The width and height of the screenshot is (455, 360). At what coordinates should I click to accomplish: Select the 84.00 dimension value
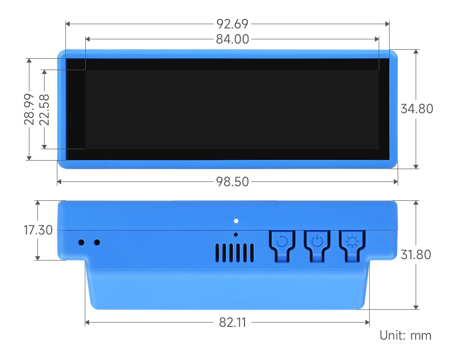click(232, 39)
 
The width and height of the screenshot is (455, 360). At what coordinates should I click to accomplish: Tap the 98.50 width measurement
click(232, 181)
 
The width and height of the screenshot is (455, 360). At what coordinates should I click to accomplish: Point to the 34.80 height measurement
click(417, 108)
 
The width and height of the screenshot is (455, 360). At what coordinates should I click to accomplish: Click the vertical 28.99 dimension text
click(29, 109)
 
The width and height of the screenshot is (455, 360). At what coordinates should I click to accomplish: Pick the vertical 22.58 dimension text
click(45, 109)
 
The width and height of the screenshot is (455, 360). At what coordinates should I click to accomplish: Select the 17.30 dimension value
click(38, 231)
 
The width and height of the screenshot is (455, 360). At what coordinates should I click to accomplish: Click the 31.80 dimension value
click(416, 254)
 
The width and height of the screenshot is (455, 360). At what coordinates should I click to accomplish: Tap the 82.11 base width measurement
click(232, 323)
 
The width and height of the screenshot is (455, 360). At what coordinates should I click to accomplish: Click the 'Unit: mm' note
click(405, 336)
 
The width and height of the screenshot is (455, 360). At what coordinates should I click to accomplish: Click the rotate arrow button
click(282, 243)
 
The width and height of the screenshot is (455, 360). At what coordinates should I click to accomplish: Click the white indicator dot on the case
click(236, 221)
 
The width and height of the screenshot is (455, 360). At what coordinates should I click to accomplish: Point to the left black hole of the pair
click(82, 243)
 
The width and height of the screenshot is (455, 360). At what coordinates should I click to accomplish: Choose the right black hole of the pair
click(97, 243)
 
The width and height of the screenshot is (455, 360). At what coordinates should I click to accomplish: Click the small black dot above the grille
click(236, 234)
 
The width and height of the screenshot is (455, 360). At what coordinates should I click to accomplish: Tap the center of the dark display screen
click(227, 109)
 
